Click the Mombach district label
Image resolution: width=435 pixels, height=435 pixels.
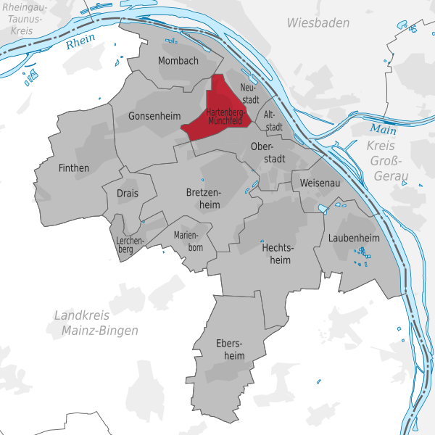click(178, 61)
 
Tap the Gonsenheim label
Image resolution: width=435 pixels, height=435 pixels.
click(153, 115)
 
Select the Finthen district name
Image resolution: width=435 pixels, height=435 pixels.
click(73, 168)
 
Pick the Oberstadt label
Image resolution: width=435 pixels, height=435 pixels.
click(266, 152)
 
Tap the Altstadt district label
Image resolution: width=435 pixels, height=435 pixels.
click(273, 120)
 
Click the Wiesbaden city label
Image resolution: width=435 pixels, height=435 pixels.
click(318, 23)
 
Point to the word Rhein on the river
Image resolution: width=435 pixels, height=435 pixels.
click(80, 43)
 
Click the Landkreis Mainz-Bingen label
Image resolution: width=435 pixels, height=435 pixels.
click(96, 323)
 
